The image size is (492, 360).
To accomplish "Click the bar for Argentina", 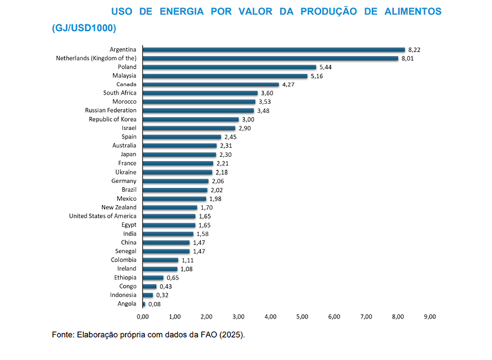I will [274, 50].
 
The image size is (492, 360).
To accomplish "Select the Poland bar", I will [229, 67].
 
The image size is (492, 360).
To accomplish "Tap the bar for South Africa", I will [200, 94].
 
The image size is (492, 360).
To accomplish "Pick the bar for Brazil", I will [175, 190].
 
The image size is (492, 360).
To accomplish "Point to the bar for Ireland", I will [160, 268].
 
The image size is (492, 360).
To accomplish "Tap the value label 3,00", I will [248, 120].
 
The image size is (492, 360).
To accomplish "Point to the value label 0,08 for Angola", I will [155, 304].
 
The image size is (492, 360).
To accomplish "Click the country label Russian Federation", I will [115, 111].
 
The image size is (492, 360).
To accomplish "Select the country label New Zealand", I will [119, 207].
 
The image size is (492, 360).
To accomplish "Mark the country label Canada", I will [126, 85].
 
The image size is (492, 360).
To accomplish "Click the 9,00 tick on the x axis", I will [430, 317].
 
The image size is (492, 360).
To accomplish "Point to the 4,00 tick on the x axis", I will [271, 317].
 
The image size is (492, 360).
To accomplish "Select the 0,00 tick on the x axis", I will [143, 317].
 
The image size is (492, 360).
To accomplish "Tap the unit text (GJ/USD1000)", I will [83, 28].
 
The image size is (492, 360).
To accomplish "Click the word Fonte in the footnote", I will [64, 334].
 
